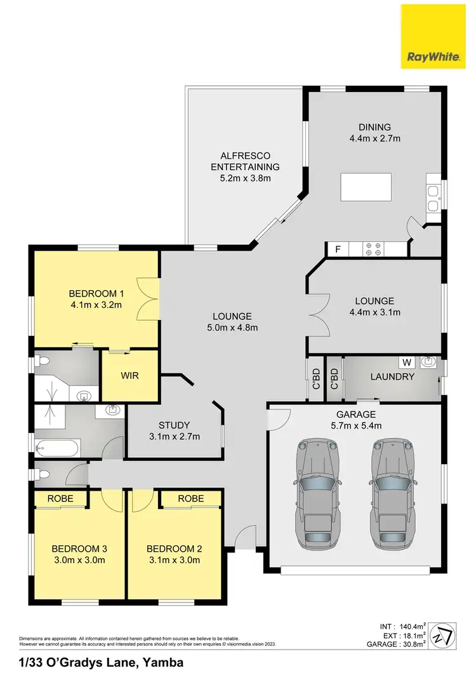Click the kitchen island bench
pos(366,187)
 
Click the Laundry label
pos(392,377)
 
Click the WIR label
pos(129,375)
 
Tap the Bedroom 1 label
pos(95,294)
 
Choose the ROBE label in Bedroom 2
pos(190,499)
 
